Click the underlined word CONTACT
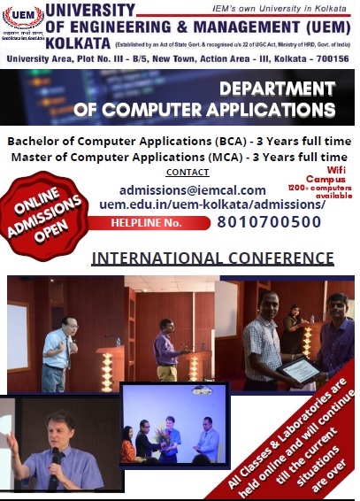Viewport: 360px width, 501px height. pyautogui.click(x=188, y=172)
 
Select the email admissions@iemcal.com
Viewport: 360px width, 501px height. pyautogui.click(x=192, y=189)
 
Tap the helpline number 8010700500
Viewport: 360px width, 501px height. pyautogui.click(x=269, y=222)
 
